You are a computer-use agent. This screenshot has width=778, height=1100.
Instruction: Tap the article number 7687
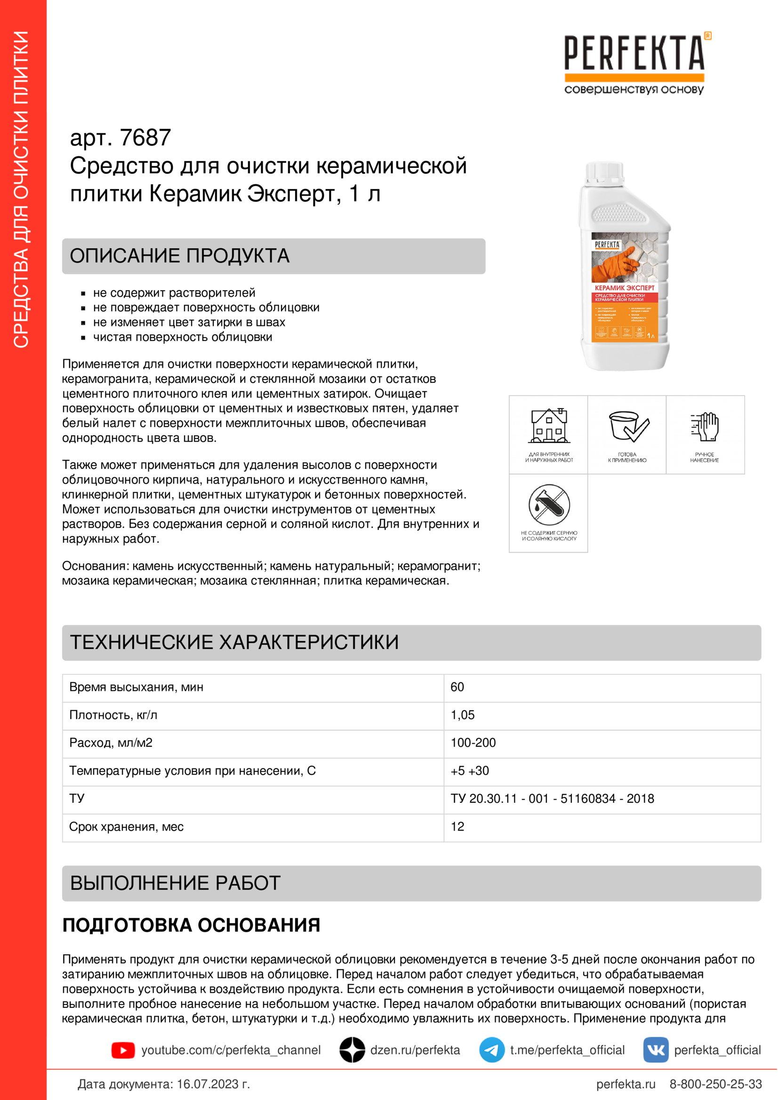pyautogui.click(x=145, y=138)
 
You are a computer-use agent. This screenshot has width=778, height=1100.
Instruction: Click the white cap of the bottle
pyautogui.click(x=605, y=172)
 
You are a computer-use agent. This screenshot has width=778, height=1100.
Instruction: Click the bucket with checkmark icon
pyautogui.click(x=627, y=426)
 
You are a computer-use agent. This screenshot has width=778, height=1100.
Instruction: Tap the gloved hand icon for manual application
pyautogui.click(x=705, y=426)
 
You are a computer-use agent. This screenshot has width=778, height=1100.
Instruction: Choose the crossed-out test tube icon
pyautogui.click(x=549, y=505)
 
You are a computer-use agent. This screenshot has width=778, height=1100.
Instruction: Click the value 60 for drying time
pyautogui.click(x=457, y=687)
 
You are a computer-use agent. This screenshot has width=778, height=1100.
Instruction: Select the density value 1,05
pyautogui.click(x=462, y=715)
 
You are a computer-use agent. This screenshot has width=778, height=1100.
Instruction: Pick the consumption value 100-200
pyautogui.click(x=473, y=743)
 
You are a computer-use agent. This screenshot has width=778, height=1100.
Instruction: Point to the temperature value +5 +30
pyautogui.click(x=469, y=770)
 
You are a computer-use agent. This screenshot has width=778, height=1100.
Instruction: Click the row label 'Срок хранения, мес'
pyautogui.click(x=126, y=826)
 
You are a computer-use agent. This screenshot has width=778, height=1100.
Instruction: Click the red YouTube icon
pyautogui.click(x=123, y=1050)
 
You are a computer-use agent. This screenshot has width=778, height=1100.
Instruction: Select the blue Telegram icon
pyautogui.click(x=491, y=1050)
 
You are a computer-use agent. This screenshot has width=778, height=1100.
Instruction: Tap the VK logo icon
pyautogui.click(x=655, y=1050)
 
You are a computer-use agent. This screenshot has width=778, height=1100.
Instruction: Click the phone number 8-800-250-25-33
pyautogui.click(x=715, y=1084)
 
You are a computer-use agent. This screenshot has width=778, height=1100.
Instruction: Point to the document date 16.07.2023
pyautogui.click(x=212, y=1084)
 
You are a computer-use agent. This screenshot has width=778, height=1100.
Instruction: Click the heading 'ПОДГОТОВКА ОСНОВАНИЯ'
pyautogui.click(x=191, y=926)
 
